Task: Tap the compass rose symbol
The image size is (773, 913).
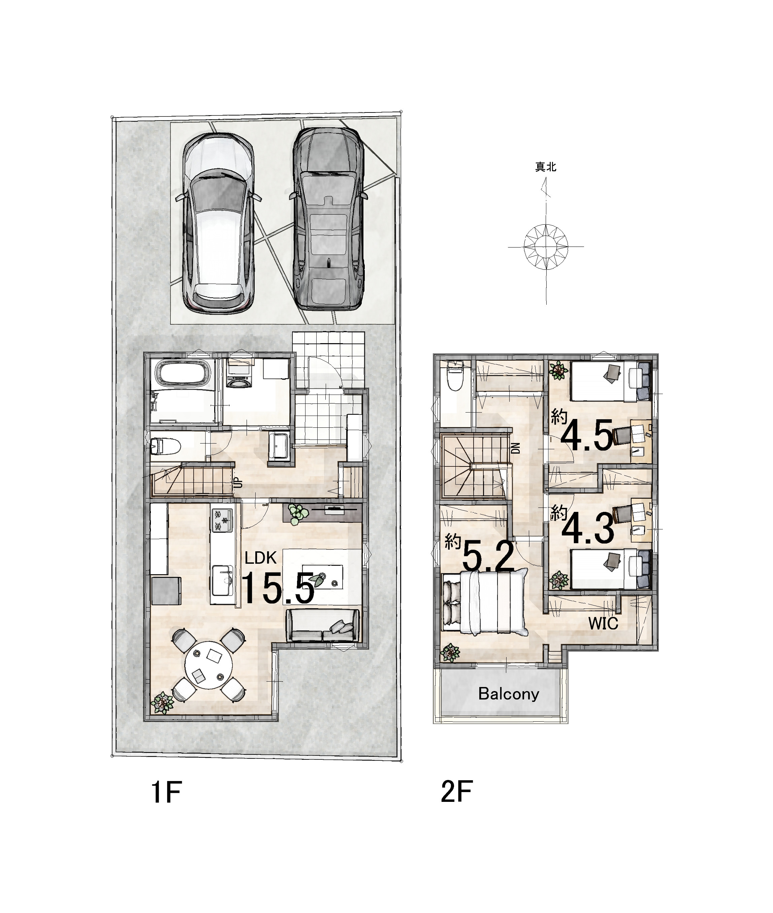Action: pyautogui.click(x=546, y=247)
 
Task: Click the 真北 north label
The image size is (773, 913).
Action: pyautogui.click(x=546, y=167)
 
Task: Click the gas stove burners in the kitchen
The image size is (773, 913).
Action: pyautogui.click(x=223, y=520)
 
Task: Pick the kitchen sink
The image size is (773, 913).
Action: pyautogui.click(x=222, y=580)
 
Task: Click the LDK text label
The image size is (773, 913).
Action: pyautogui.click(x=260, y=558)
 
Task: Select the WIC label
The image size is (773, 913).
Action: pyautogui.click(x=603, y=623)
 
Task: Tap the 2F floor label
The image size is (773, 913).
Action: pyautogui.click(x=457, y=792)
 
